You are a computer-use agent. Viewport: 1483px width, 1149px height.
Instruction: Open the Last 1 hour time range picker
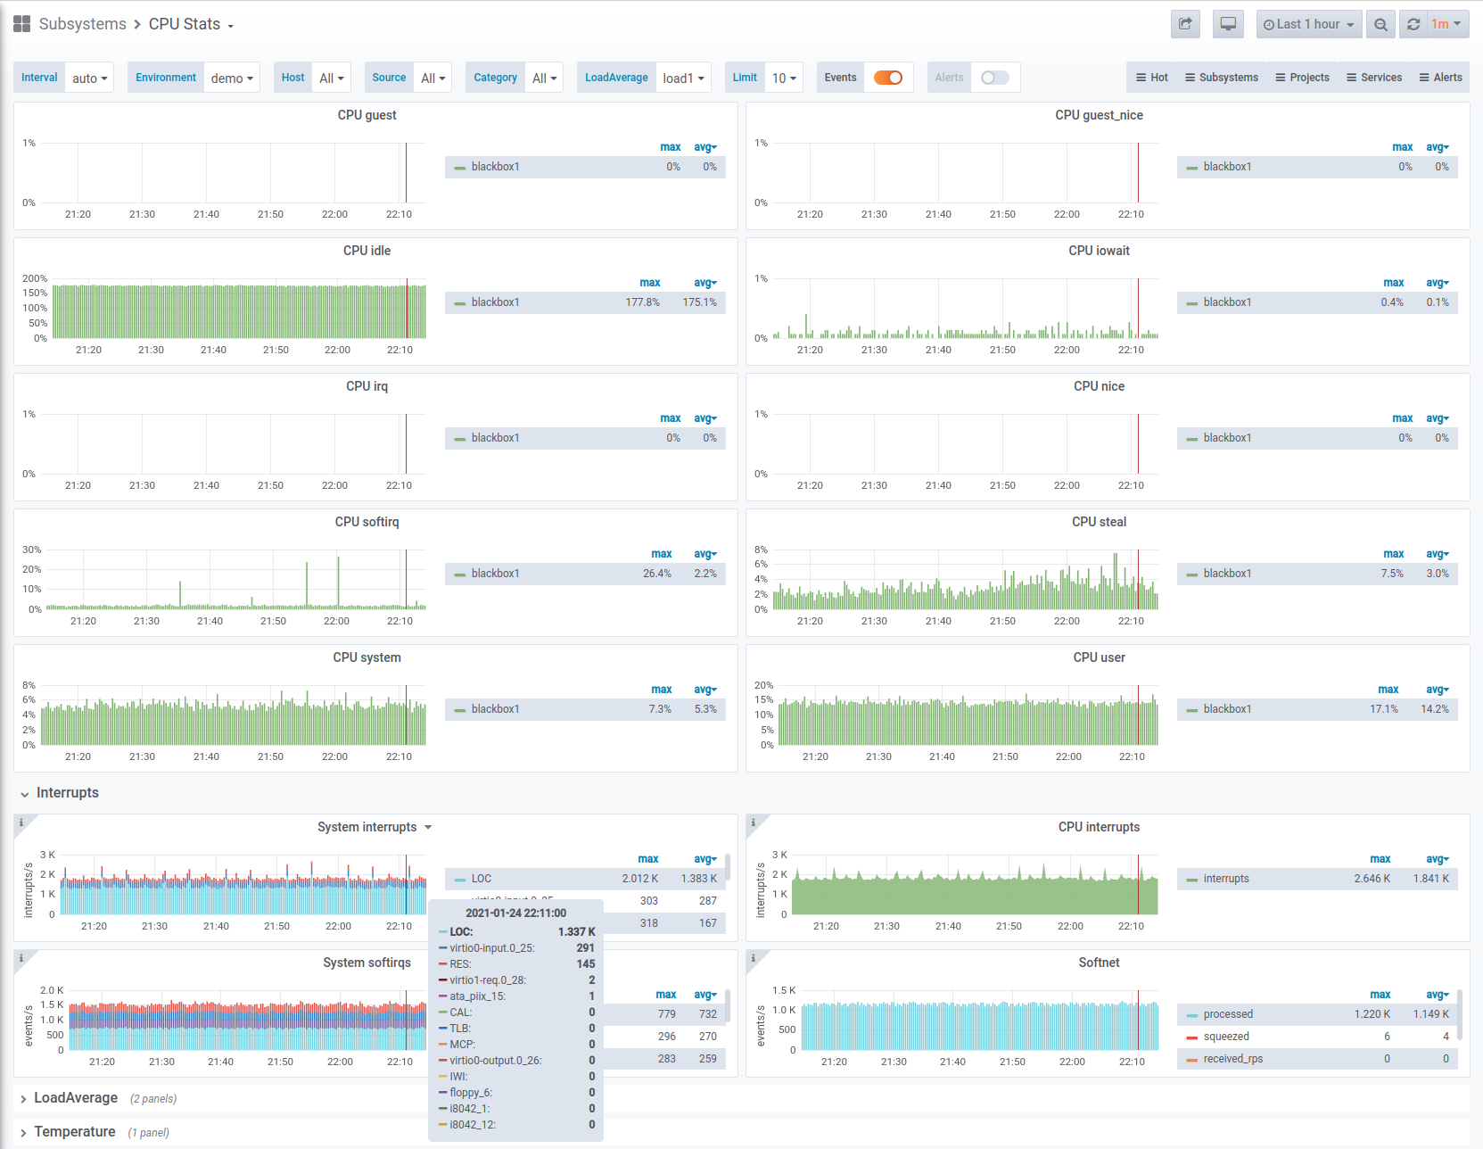pyautogui.click(x=1308, y=25)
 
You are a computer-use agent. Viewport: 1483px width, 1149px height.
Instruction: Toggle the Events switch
pyautogui.click(x=888, y=78)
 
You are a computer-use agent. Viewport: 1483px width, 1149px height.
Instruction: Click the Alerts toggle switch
pyautogui.click(x=994, y=78)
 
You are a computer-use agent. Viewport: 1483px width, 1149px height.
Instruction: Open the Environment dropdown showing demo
pyautogui.click(x=232, y=78)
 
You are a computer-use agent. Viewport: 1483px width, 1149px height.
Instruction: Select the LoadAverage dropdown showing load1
pyautogui.click(x=682, y=78)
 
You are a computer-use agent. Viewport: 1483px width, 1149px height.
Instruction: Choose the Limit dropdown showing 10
pyautogui.click(x=784, y=78)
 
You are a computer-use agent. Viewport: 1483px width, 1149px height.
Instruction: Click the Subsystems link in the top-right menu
pyautogui.click(x=1222, y=78)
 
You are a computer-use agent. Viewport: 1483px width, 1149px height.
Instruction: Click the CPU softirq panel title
pyautogui.click(x=367, y=522)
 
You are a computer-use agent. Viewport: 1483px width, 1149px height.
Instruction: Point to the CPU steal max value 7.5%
pyautogui.click(x=1392, y=574)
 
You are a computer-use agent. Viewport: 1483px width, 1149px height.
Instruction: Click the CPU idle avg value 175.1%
pyautogui.click(x=699, y=302)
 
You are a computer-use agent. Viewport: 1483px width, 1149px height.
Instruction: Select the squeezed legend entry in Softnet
pyautogui.click(x=1225, y=1037)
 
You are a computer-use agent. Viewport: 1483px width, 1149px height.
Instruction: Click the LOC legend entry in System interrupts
pyautogui.click(x=481, y=879)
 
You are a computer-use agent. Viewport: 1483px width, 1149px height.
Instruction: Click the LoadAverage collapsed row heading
pyautogui.click(x=76, y=1098)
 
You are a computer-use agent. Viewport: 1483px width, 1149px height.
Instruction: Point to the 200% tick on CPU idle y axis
pyautogui.click(x=35, y=278)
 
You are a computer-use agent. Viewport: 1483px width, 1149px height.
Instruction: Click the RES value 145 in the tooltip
pyautogui.click(x=586, y=964)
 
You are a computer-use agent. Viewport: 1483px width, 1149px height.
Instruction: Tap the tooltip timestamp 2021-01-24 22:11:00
pyautogui.click(x=516, y=913)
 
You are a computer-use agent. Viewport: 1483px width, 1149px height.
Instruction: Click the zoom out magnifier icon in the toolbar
pyautogui.click(x=1380, y=25)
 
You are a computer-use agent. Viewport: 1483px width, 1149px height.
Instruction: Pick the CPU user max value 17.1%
pyautogui.click(x=1384, y=709)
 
